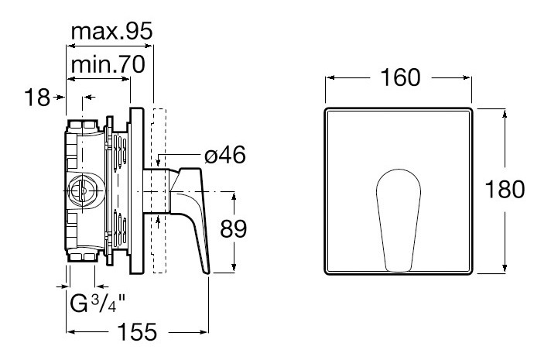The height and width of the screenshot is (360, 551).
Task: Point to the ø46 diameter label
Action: [224, 156]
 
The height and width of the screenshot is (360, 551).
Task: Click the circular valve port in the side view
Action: [80, 190]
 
